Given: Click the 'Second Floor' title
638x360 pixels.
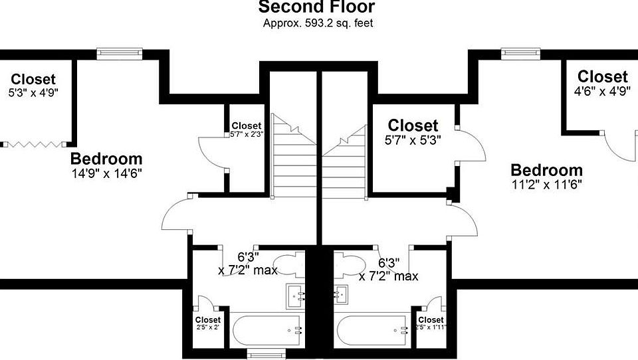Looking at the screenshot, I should pyautogui.click(x=316, y=8).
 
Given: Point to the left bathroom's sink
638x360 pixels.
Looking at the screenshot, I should pyautogui.click(x=296, y=294).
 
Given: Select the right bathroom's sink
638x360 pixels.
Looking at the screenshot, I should pyautogui.click(x=342, y=293).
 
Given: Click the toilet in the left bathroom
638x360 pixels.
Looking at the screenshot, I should pyautogui.click(x=290, y=265).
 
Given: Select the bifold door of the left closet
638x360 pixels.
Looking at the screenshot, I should pyautogui.click(x=36, y=143).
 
